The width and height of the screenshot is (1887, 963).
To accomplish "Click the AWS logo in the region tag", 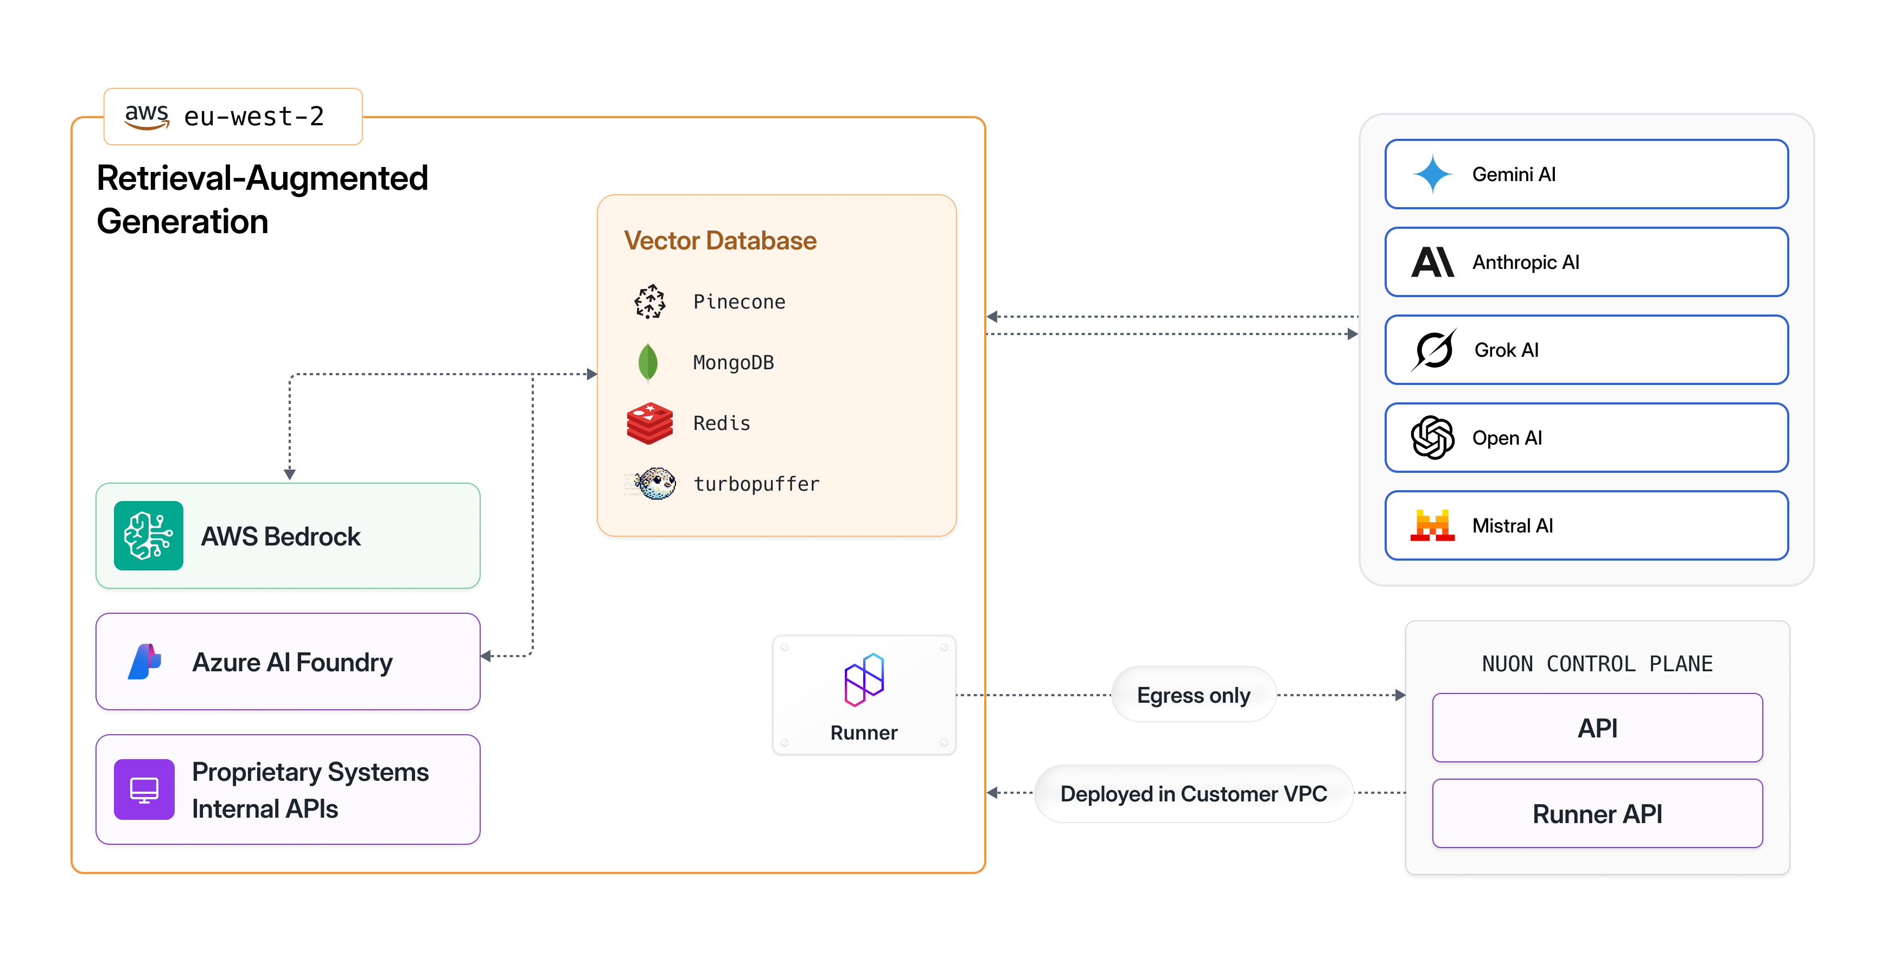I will pyautogui.click(x=146, y=115).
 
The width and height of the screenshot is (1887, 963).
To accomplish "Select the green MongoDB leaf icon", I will pyautogui.click(x=648, y=363).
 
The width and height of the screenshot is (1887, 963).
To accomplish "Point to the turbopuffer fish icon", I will pyautogui.click(x=655, y=483).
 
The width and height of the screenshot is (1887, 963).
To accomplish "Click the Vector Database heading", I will pyautogui.click(x=720, y=240).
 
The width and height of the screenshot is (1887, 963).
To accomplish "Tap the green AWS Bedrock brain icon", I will pyautogui.click(x=149, y=535).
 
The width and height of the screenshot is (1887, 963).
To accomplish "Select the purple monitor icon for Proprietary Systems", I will pyautogui.click(x=144, y=789).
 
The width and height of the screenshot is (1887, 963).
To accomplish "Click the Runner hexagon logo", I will pyautogui.click(x=864, y=679).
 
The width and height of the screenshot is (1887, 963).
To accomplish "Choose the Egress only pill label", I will pyautogui.click(x=1193, y=695).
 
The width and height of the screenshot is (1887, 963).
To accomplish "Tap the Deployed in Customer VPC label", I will pyautogui.click(x=1193, y=794).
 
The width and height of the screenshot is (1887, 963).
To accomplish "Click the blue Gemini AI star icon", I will pyautogui.click(x=1432, y=174).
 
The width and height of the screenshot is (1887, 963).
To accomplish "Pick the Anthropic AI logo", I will pyautogui.click(x=1432, y=262).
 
